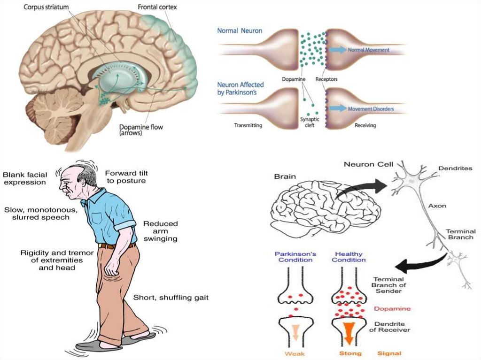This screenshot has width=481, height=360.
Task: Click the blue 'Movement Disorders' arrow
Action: [x=336, y=108]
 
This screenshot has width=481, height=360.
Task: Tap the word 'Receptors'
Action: [x=326, y=79]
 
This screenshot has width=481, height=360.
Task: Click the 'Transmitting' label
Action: [x=248, y=125]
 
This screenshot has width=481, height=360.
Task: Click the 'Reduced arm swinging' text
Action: [x=160, y=231]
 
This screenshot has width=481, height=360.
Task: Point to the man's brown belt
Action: [x=113, y=246]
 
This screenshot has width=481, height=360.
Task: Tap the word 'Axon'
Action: [x=437, y=206]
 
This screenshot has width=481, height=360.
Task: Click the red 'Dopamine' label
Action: [x=392, y=309]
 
